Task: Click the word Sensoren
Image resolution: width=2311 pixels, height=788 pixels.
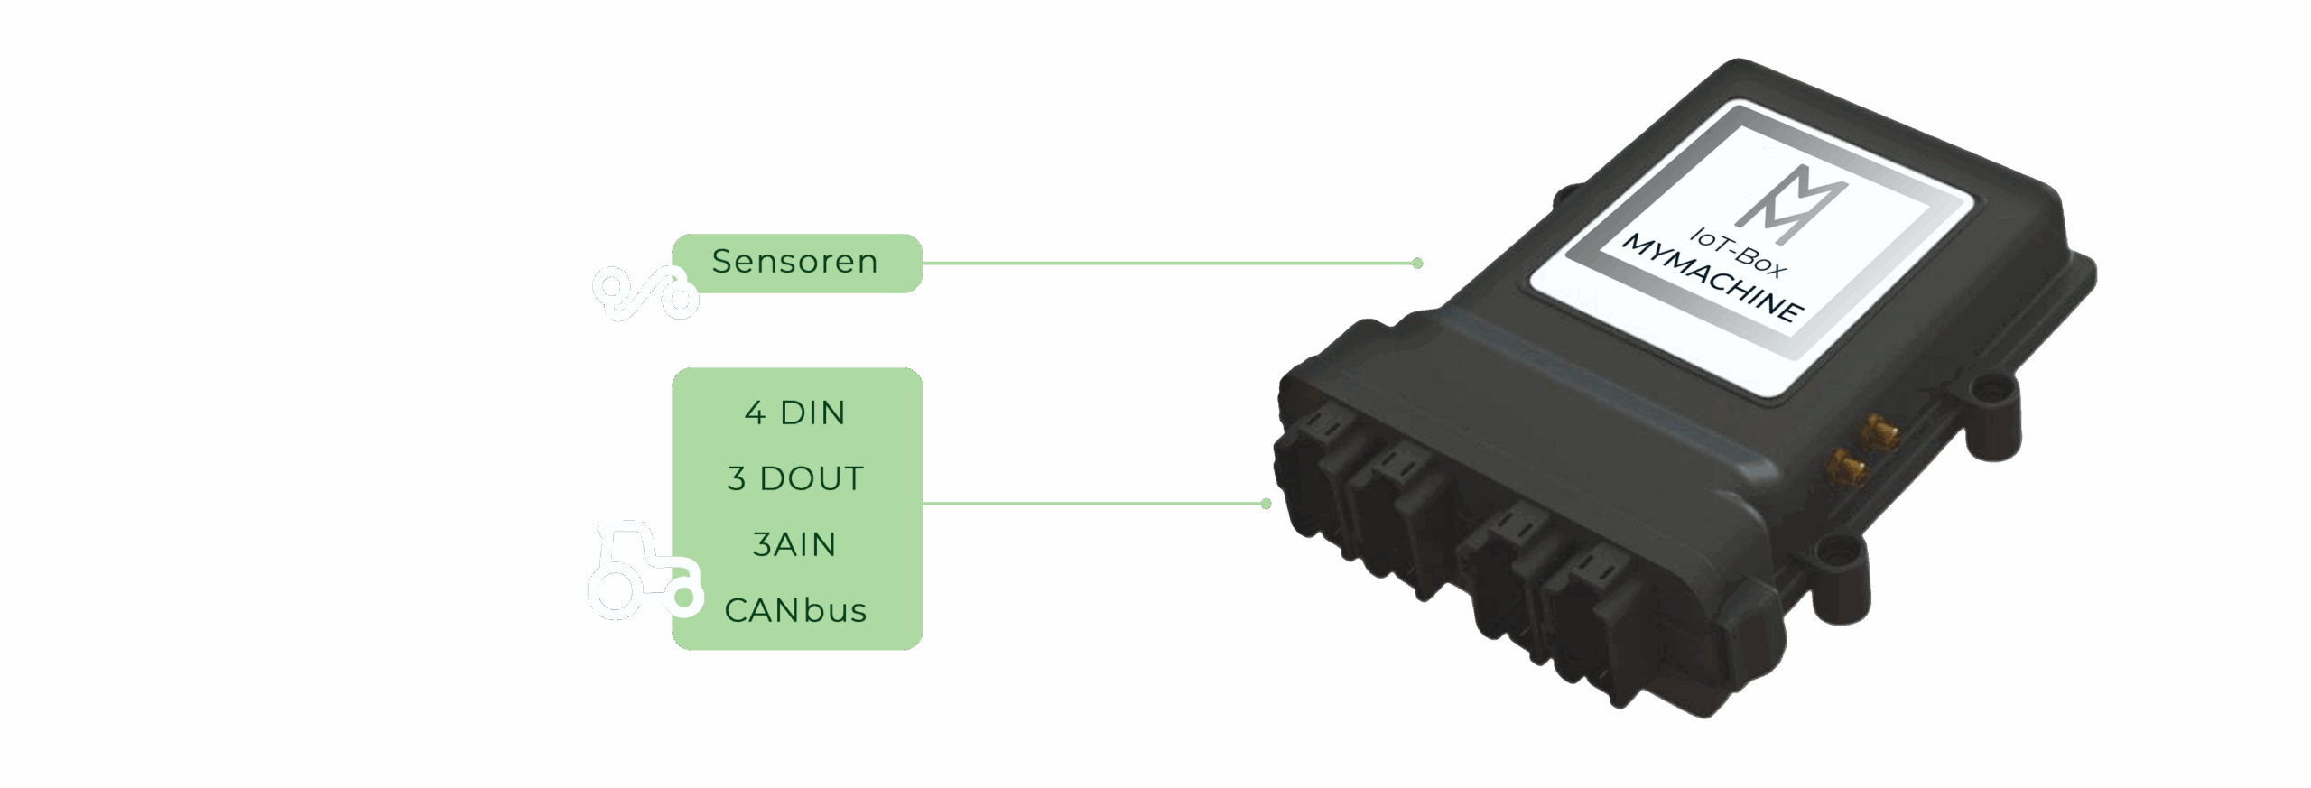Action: (x=794, y=262)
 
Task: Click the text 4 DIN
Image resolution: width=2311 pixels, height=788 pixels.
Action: (x=794, y=413)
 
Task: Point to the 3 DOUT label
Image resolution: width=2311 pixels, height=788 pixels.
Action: (x=794, y=479)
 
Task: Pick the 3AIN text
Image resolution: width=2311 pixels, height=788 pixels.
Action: (x=794, y=545)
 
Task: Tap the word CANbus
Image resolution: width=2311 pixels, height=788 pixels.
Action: (x=794, y=611)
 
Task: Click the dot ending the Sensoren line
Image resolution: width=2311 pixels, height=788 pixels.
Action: (x=1417, y=264)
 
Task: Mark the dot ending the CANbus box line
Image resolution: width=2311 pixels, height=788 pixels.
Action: (x=1266, y=504)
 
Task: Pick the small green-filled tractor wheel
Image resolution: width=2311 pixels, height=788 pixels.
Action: (x=684, y=597)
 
